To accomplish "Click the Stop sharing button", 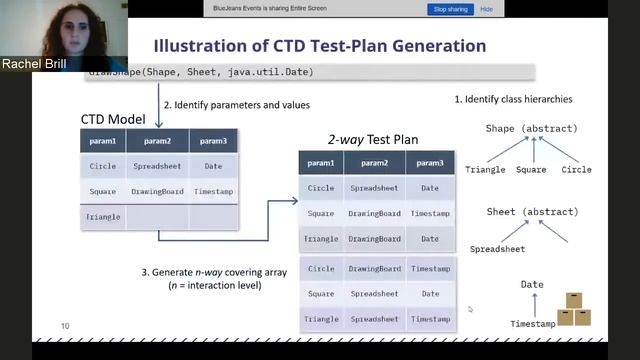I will pyautogui.click(x=451, y=9).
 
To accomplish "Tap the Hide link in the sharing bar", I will pyautogui.click(x=487, y=9).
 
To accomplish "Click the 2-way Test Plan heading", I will pyautogui.click(x=373, y=139).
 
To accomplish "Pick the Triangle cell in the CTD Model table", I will pyautogui.click(x=103, y=216).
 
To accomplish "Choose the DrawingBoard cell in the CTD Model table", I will pyautogui.click(x=158, y=191).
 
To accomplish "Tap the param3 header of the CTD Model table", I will pyautogui.click(x=213, y=141).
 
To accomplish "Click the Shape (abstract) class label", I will pyautogui.click(x=531, y=129).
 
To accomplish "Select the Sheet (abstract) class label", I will pyautogui.click(x=531, y=212).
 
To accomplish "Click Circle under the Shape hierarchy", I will pyautogui.click(x=576, y=170).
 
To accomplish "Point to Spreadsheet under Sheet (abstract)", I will pyautogui.click(x=498, y=248).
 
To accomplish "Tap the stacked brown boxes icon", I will pyautogui.click(x=573, y=309).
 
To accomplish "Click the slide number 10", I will pyautogui.click(x=65, y=326).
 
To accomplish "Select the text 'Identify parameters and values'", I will pyautogui.click(x=242, y=105).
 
